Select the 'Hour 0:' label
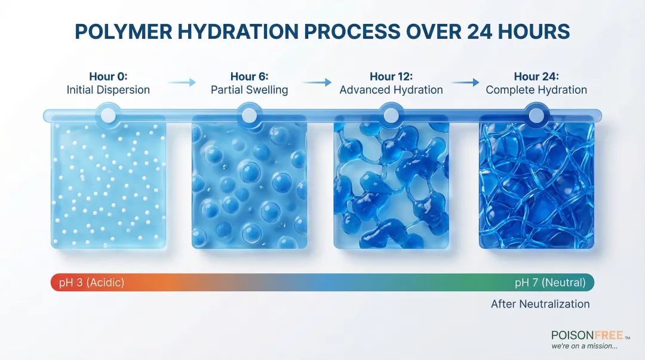[108, 76]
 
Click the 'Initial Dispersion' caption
[108, 90]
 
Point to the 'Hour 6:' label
[249, 76]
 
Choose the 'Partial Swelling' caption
[249, 90]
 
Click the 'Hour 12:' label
[391, 76]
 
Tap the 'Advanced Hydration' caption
[391, 90]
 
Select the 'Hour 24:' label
[536, 76]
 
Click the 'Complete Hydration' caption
[536, 90]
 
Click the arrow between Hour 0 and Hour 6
[182, 82]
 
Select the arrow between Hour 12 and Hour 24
[465, 82]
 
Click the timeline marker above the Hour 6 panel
[249, 115]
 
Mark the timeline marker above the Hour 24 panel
[536, 115]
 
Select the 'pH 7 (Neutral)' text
[550, 282]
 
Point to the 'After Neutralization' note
[540, 304]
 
